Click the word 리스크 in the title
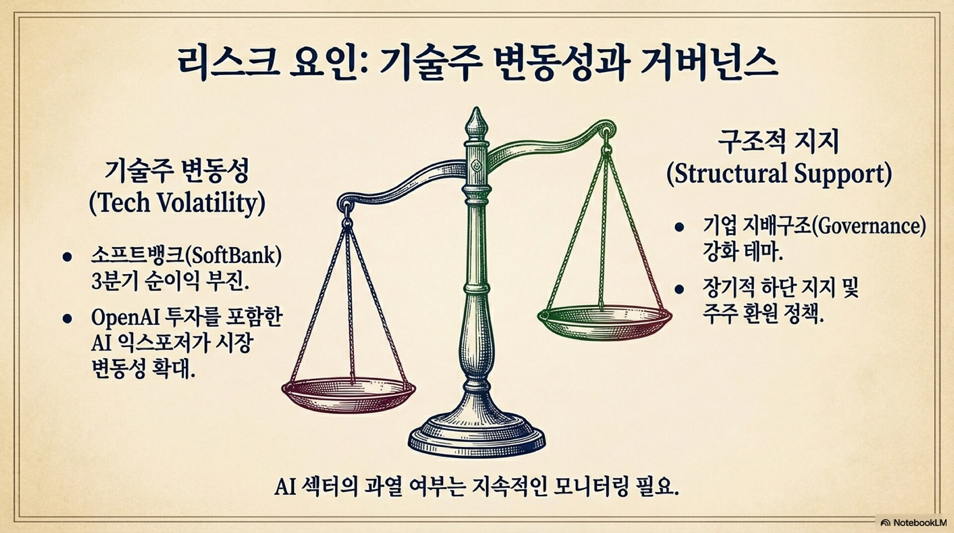click(229, 63)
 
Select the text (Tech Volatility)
click(177, 203)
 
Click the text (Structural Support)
click(779, 174)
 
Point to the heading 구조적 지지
click(778, 143)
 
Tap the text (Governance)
click(869, 226)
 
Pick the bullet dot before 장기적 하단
click(679, 289)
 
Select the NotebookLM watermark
click(913, 523)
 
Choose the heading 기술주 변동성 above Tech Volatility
click(176, 172)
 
